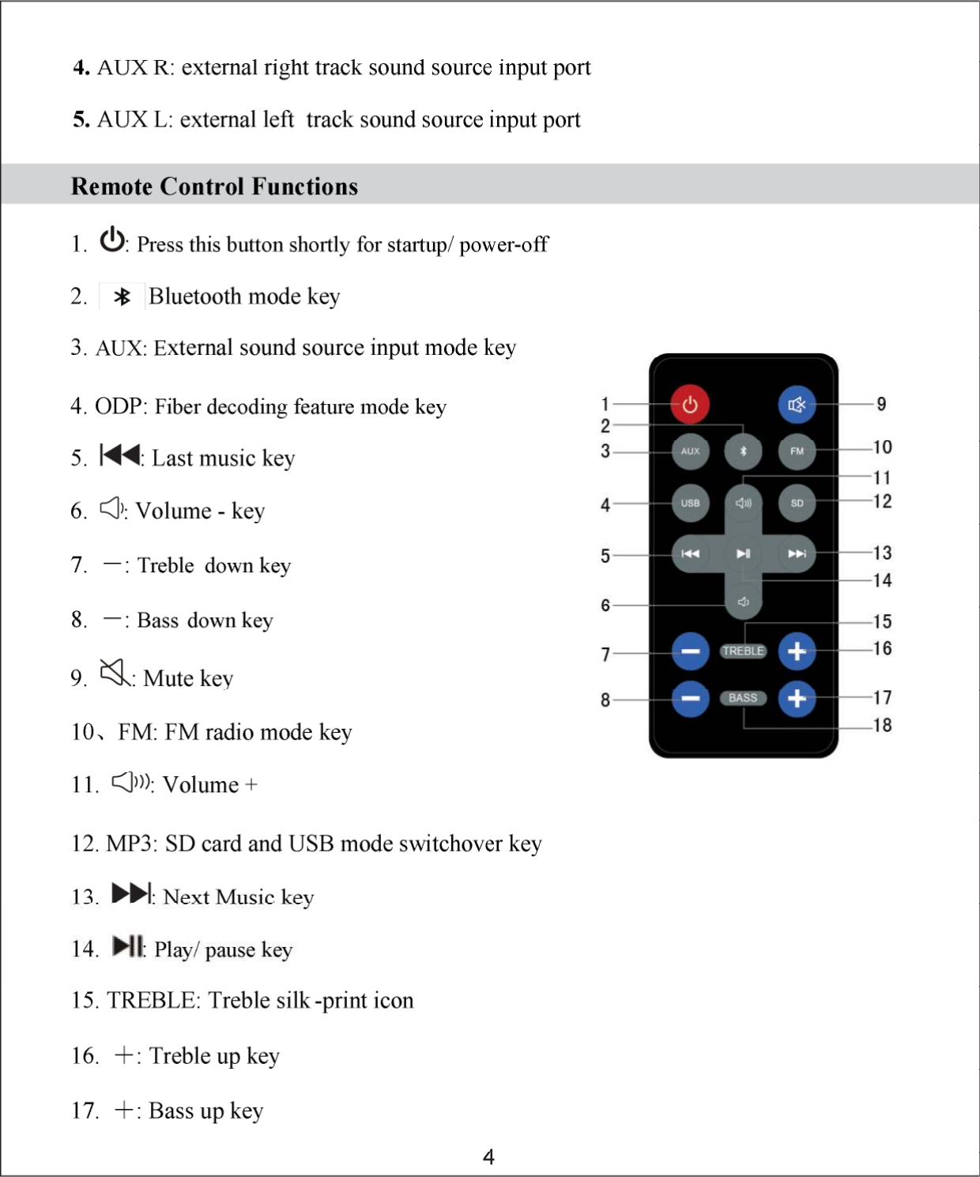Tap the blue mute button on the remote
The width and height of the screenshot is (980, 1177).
[797, 405]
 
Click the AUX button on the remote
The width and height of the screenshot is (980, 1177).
[690, 451]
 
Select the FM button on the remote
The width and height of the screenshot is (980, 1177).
[797, 451]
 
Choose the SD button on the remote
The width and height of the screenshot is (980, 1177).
[797, 503]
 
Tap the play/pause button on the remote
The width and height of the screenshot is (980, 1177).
[744, 553]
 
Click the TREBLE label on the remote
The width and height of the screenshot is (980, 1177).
[743, 651]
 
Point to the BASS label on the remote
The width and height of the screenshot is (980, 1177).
[743, 698]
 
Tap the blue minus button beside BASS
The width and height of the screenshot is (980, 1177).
[690, 699]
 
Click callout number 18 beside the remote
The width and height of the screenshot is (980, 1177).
[882, 725]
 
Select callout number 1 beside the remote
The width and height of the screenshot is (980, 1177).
[605, 404]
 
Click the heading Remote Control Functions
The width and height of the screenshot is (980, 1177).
[214, 187]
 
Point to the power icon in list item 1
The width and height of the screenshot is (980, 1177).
[112, 240]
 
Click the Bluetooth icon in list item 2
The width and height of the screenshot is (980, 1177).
[122, 296]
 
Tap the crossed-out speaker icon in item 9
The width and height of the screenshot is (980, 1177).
[115, 673]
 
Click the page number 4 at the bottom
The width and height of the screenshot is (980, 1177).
[489, 1157]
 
